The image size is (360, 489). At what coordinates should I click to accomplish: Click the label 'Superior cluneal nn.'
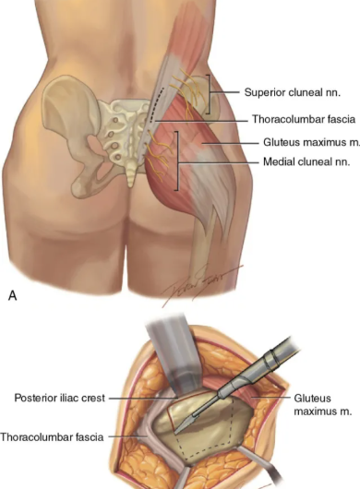(292, 92)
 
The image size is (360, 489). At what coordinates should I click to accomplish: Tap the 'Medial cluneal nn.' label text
(306, 161)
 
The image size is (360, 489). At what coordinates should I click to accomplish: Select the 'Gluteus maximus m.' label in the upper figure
(311, 142)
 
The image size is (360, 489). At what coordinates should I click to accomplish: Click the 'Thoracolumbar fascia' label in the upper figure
(304, 119)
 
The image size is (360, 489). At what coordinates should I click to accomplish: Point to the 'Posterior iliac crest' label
(60, 398)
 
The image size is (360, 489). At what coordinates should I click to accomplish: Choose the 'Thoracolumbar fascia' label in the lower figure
(52, 437)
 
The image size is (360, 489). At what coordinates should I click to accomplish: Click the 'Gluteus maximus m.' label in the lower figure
(323, 405)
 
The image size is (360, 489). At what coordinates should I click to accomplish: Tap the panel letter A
(13, 295)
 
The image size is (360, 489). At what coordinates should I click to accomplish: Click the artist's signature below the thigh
(199, 285)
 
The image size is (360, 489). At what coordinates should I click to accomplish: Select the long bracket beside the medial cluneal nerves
(177, 161)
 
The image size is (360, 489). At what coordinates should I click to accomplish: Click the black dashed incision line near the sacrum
(155, 105)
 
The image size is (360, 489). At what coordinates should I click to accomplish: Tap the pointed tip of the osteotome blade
(175, 433)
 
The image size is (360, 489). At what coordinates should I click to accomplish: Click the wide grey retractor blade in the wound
(174, 355)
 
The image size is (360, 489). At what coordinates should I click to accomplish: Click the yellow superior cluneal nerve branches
(188, 93)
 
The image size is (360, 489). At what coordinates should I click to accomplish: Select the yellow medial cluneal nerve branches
(159, 156)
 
